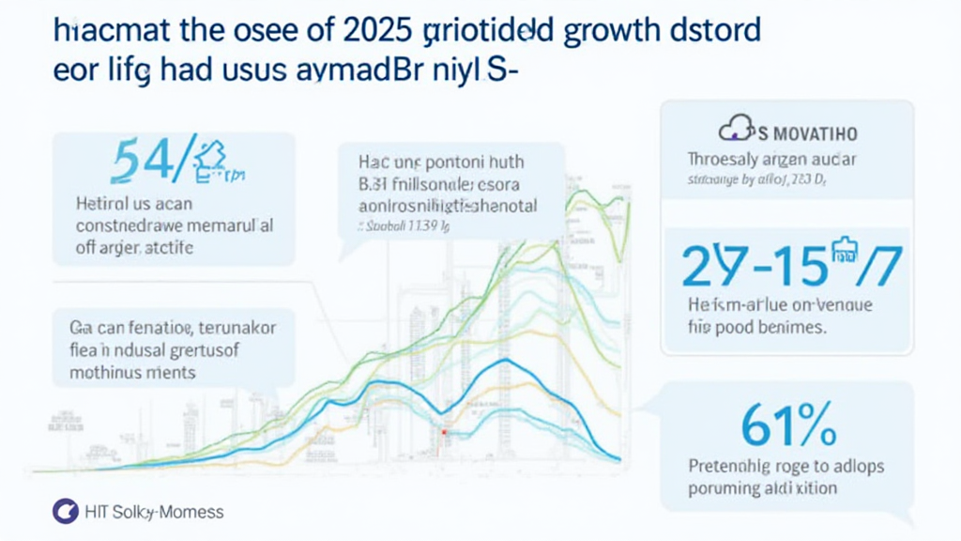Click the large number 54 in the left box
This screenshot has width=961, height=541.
click(148, 161)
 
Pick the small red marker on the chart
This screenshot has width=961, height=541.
click(439, 432)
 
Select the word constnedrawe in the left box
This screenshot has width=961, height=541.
click(125, 226)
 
